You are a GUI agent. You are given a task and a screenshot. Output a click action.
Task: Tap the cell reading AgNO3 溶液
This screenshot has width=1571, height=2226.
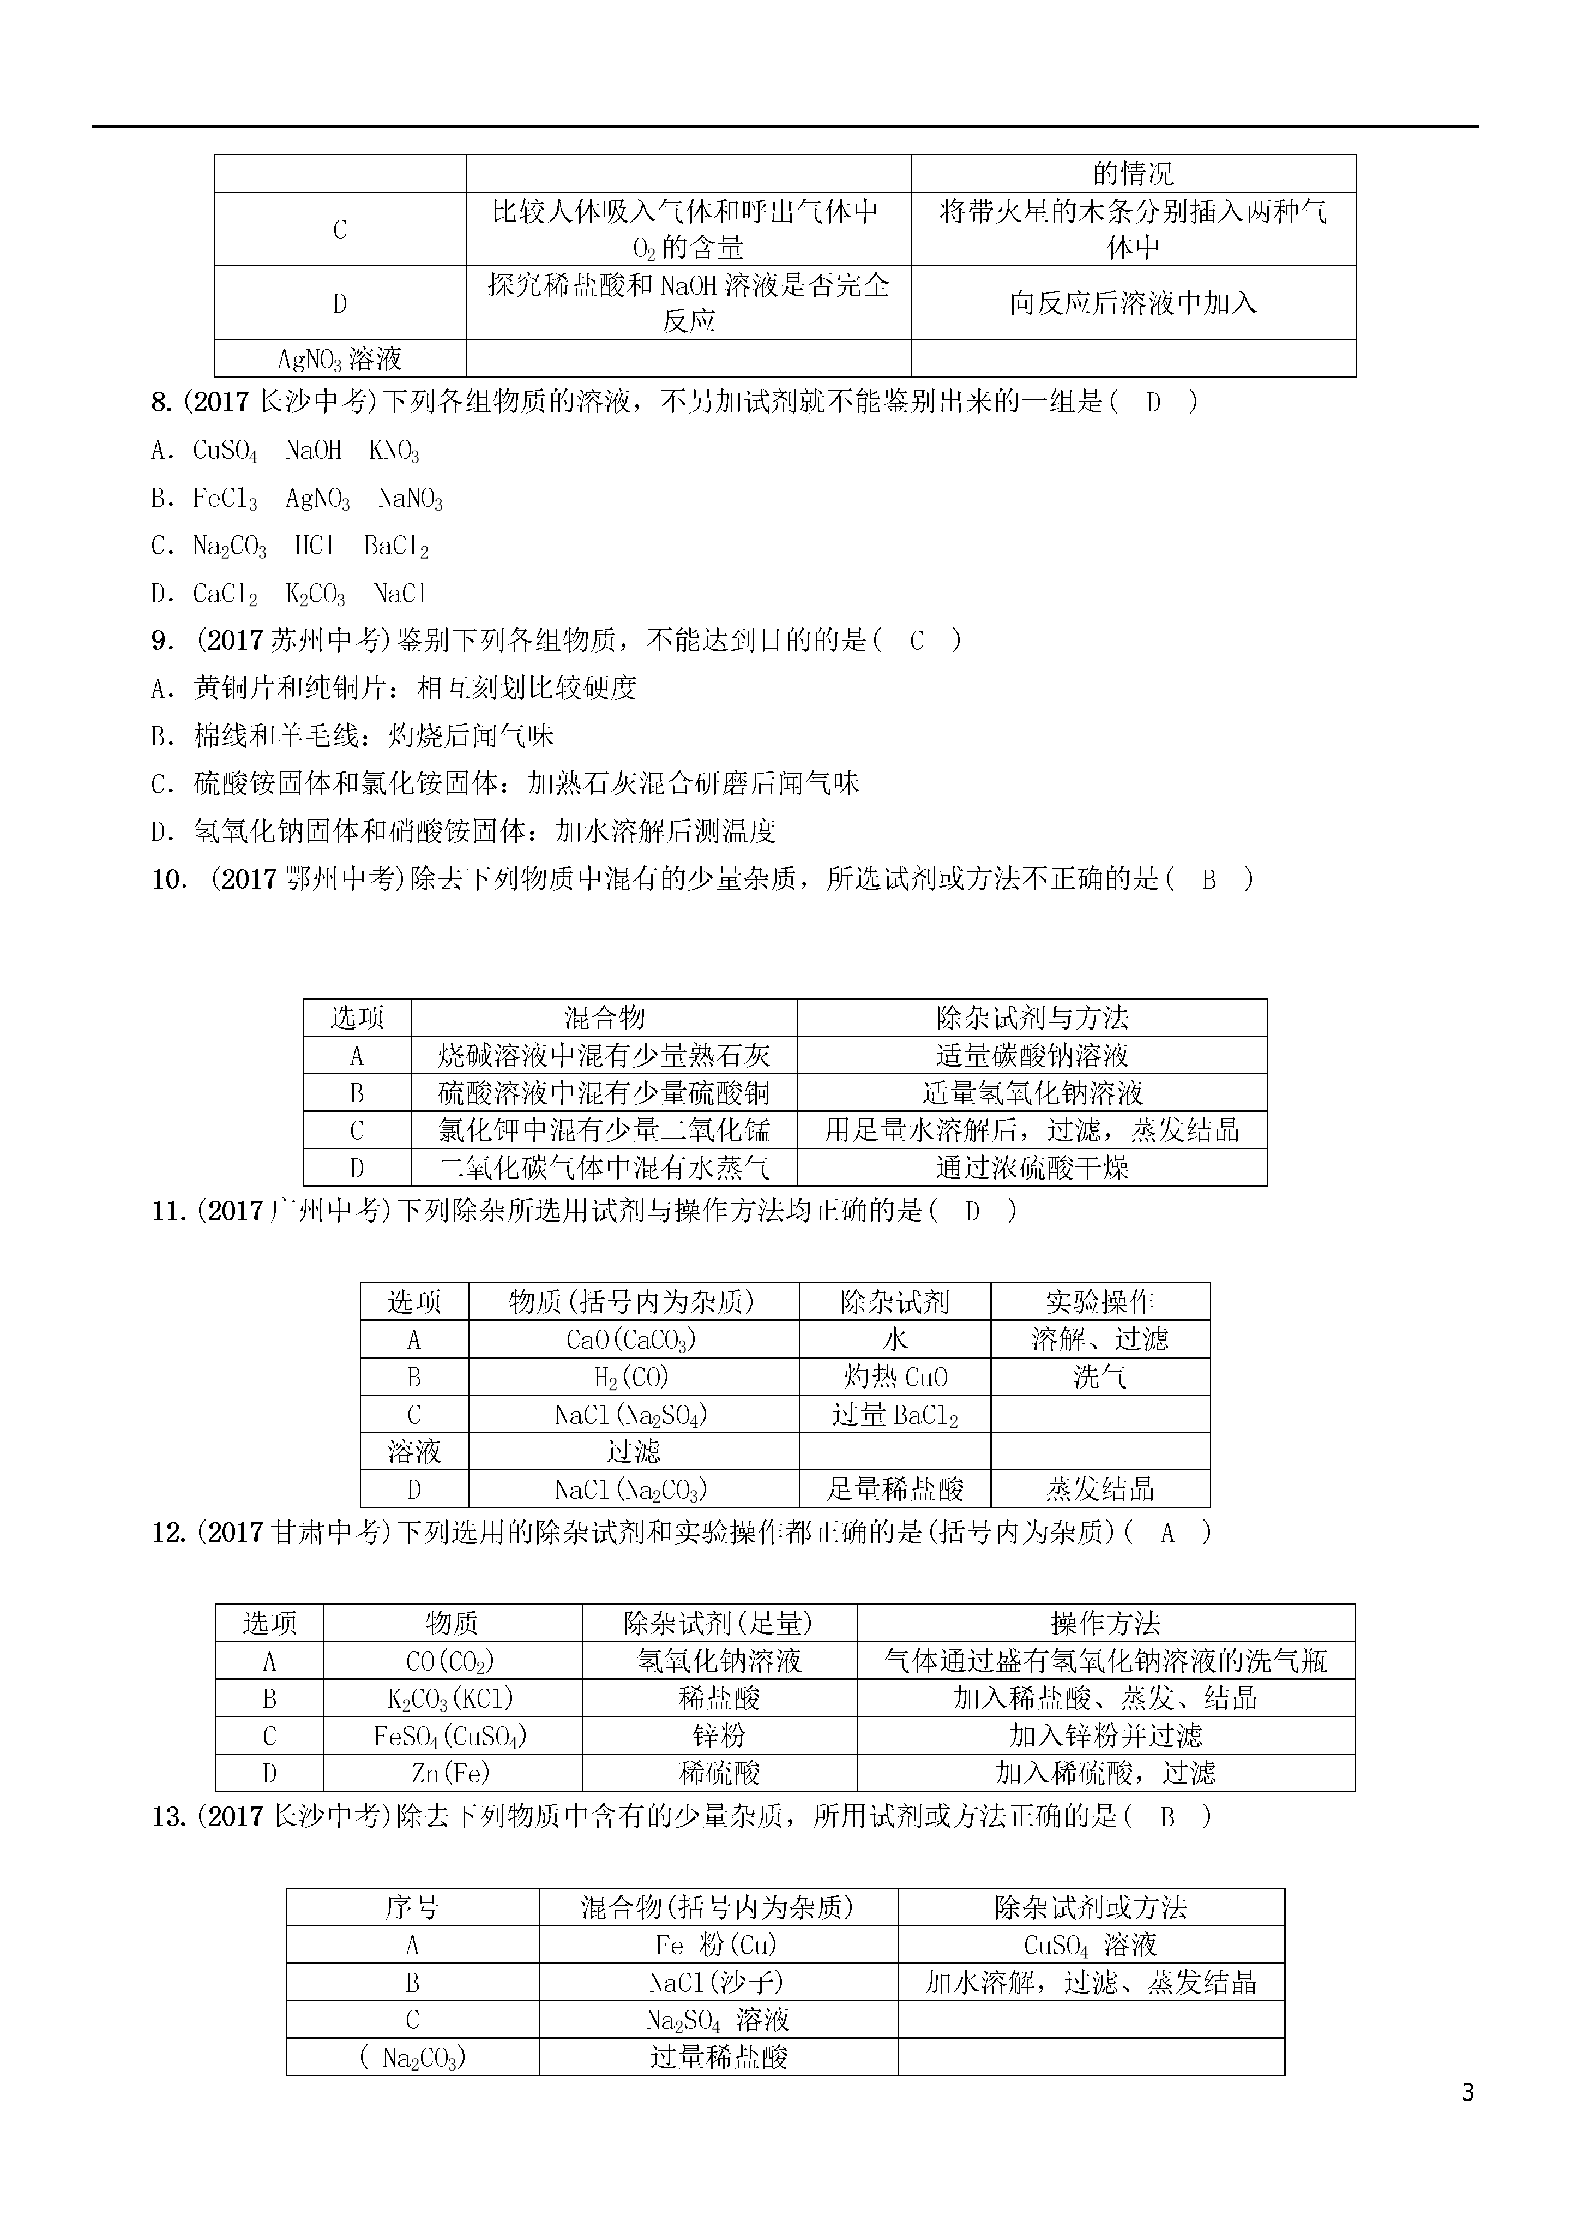(339, 358)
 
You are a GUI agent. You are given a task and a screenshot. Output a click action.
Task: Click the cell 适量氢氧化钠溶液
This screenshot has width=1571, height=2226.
(1032, 1093)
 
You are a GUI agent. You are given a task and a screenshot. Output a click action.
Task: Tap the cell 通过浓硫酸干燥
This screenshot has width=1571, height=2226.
(1032, 1168)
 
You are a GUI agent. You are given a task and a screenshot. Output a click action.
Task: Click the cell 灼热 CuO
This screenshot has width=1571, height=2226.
(894, 1377)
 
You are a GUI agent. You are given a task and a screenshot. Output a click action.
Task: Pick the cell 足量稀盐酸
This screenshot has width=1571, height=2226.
(894, 1489)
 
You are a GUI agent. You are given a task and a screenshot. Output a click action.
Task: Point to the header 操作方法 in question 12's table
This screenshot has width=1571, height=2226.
(1105, 1623)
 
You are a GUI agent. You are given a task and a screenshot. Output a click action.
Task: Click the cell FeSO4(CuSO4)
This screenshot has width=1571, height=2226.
(452, 1736)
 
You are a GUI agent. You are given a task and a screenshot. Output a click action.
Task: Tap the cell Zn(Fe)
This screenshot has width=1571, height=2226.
(452, 1773)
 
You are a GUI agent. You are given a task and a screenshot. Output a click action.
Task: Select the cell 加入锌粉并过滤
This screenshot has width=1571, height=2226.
(1105, 1736)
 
